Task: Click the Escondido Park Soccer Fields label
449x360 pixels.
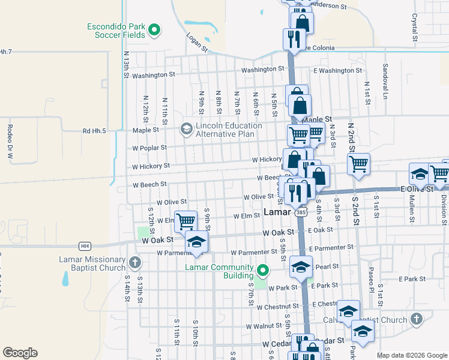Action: coord(116,31)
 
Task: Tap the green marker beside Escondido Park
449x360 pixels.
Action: coord(154,28)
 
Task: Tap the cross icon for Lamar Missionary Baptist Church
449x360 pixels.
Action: coord(135,262)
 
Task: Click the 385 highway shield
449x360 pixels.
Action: coord(301,212)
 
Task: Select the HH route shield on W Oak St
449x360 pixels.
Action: coord(85,246)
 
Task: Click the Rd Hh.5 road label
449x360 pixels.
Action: coord(94,131)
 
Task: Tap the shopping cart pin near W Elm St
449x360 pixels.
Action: coord(185,221)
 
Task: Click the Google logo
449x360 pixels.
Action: coord(20,353)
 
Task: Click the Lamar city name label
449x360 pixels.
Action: coord(278,212)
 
